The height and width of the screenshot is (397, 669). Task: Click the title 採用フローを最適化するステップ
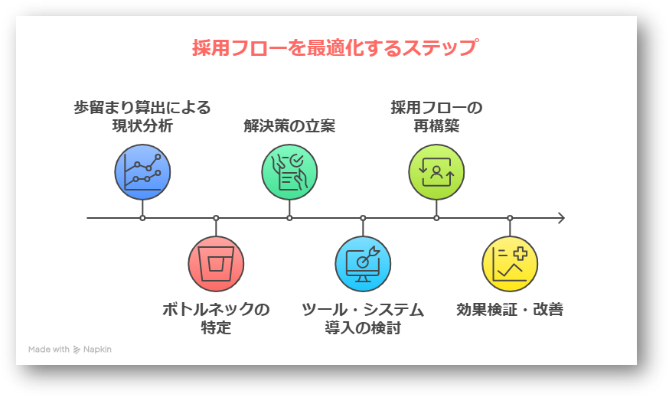(334, 48)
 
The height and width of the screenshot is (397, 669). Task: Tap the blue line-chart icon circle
(142, 171)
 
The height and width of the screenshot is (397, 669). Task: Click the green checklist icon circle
(289, 171)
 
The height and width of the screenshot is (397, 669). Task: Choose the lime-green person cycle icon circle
(436, 171)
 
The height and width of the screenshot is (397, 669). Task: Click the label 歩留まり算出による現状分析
(142, 116)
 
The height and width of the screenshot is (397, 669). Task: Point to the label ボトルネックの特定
(216, 319)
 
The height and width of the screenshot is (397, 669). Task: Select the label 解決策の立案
(289, 125)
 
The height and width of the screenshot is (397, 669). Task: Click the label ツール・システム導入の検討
(363, 319)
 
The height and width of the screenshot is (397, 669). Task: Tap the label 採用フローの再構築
(436, 116)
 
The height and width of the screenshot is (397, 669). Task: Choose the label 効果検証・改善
(510, 310)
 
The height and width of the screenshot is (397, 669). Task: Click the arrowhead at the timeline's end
(561, 218)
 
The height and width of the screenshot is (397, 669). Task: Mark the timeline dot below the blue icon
(142, 218)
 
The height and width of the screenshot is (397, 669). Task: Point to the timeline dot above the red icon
(216, 218)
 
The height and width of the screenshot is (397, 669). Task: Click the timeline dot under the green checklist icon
(289, 218)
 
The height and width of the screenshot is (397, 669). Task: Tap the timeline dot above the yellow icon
(510, 218)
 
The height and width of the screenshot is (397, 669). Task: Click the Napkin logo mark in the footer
(77, 350)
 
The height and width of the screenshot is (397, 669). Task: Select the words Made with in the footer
(49, 350)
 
